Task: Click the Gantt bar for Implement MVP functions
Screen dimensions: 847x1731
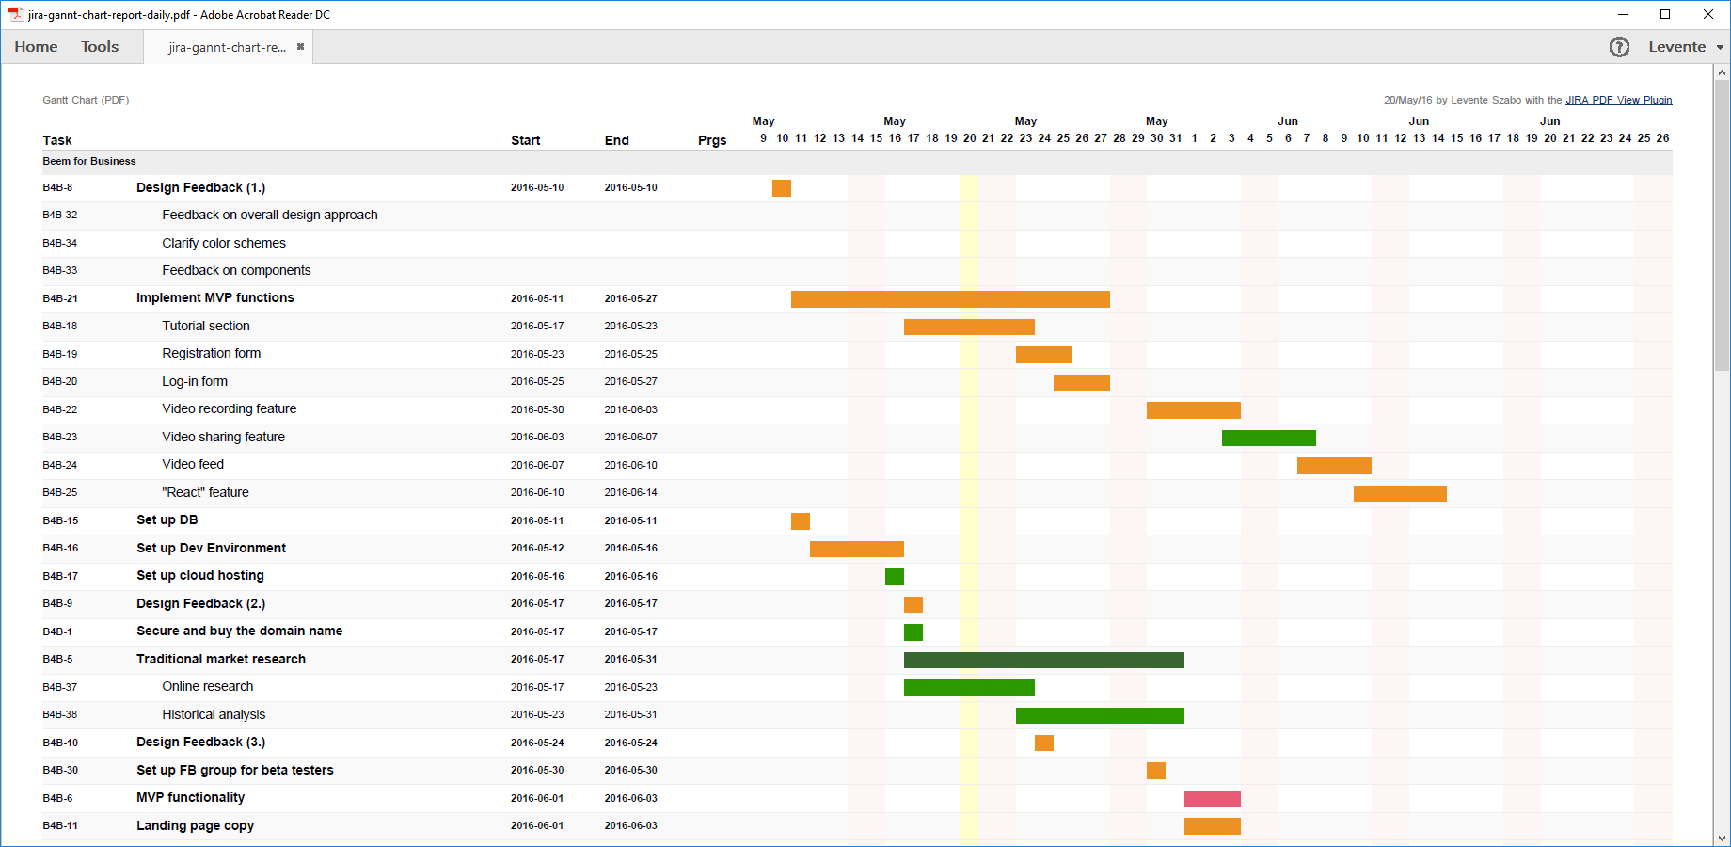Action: tap(950, 299)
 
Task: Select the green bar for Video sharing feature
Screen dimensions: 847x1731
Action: tap(1268, 438)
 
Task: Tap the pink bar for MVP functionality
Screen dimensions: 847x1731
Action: tap(1212, 799)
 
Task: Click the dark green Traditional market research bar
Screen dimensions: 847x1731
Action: tap(1043, 660)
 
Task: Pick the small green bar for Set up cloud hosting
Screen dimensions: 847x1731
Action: tap(895, 577)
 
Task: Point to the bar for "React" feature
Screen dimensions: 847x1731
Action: tap(1400, 493)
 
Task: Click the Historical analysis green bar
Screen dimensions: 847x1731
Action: tap(1100, 715)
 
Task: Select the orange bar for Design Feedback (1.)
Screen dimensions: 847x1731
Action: tap(782, 188)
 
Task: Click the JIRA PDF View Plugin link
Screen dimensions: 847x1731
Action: tap(1618, 100)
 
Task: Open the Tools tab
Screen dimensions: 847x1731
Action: tap(100, 47)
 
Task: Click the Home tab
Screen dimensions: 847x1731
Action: tap(36, 47)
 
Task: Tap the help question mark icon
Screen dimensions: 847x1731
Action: tap(1619, 47)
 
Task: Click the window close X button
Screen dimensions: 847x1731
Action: tap(1708, 14)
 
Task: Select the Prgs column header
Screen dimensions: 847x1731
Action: tap(712, 140)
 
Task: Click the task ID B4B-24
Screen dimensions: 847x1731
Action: tap(60, 465)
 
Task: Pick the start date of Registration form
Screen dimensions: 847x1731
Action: tap(537, 354)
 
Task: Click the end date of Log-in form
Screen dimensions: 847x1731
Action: tap(630, 381)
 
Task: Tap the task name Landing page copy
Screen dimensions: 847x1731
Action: tap(195, 825)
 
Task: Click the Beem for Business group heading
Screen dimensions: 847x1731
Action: tap(89, 161)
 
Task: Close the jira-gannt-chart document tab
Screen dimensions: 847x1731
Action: tap(300, 47)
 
